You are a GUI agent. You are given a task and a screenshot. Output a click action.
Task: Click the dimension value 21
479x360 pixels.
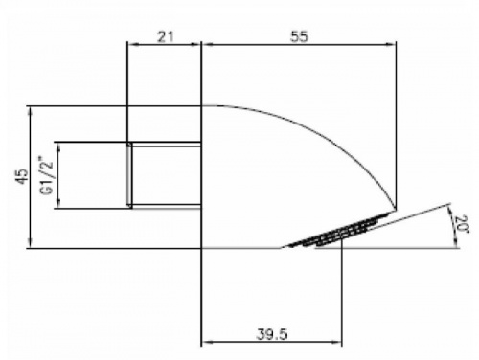(x=166, y=36)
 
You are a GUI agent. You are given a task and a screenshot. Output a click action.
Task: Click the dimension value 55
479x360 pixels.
(x=299, y=36)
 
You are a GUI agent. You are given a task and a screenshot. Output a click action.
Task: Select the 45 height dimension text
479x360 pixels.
(x=22, y=176)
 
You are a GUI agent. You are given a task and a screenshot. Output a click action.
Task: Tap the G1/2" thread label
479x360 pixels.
(x=46, y=175)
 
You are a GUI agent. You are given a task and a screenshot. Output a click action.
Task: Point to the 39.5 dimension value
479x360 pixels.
(x=272, y=334)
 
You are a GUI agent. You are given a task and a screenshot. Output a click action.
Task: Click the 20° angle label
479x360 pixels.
(x=462, y=225)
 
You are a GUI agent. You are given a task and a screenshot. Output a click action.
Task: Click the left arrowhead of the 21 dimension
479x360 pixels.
(x=132, y=45)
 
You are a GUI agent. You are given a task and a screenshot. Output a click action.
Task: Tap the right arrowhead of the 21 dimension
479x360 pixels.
(x=195, y=45)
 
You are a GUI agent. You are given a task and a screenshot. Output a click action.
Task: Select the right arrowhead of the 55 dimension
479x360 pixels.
(x=391, y=45)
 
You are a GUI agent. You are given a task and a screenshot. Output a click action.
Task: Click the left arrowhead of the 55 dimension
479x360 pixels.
(x=207, y=45)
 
